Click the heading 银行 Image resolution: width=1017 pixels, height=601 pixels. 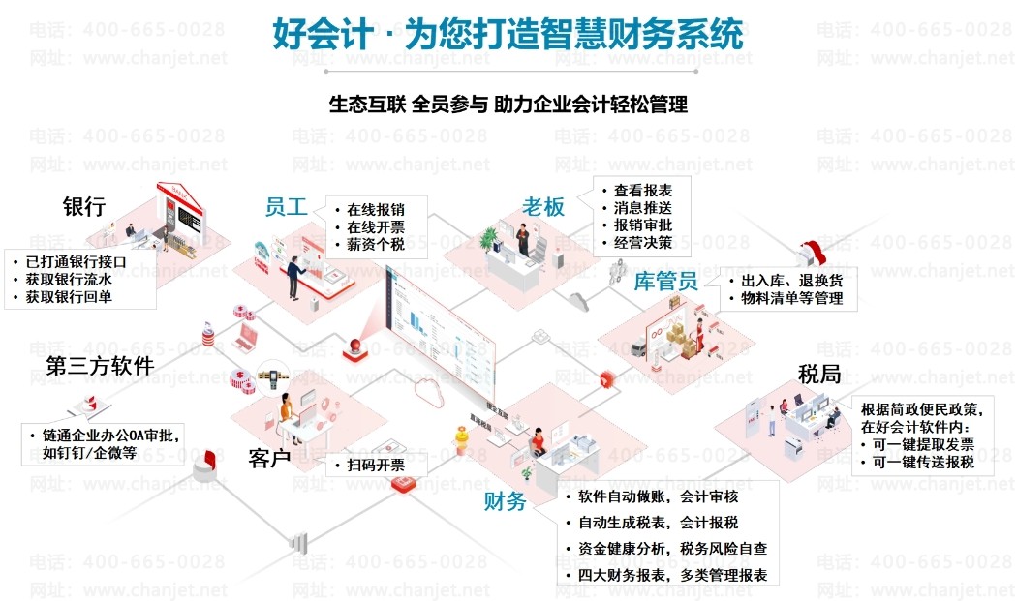click(x=84, y=206)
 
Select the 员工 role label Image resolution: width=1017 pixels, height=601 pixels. click(x=286, y=207)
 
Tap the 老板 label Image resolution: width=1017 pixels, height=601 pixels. click(x=543, y=206)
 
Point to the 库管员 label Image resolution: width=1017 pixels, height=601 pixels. click(x=665, y=282)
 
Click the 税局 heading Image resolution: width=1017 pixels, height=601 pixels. click(x=818, y=374)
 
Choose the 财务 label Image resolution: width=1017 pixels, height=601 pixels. click(x=505, y=501)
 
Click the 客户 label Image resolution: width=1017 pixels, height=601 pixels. click(x=269, y=458)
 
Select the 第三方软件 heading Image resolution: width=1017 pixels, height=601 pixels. click(x=100, y=365)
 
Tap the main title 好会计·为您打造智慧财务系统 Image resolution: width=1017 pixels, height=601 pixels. click(x=508, y=34)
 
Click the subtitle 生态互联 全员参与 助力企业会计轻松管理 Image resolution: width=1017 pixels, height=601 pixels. click(x=508, y=104)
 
